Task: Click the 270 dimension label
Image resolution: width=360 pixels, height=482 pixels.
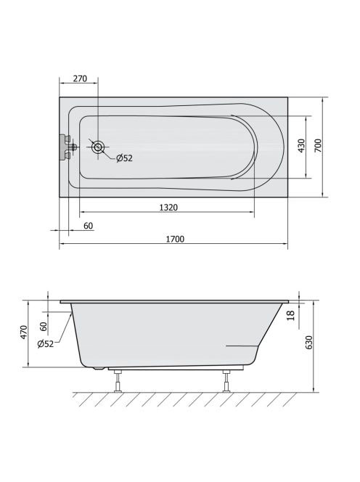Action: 80,78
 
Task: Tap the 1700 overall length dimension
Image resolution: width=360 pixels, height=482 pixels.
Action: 175,239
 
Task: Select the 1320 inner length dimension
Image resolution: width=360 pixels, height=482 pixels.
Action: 168,208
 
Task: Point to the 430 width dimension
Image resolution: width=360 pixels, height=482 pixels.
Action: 302,145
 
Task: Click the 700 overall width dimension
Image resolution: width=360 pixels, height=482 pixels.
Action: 318,145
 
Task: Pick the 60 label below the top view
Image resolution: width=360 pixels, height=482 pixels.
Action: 88,226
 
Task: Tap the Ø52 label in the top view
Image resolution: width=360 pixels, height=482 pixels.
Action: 124,158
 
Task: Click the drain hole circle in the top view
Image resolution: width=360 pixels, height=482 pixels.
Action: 98,147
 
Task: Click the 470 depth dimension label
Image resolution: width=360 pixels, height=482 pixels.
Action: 24,332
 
